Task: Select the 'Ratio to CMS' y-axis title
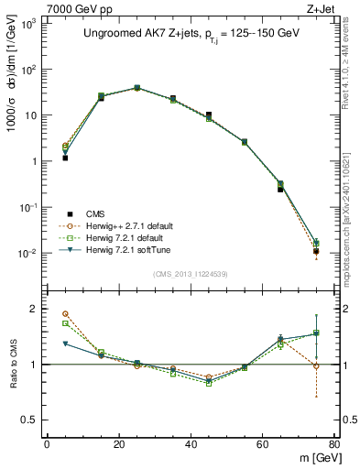tap(14, 365)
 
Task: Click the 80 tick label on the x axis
tap(334, 444)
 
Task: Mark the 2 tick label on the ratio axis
tap(36, 309)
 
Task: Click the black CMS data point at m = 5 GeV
tap(65, 158)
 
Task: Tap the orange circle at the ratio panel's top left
tap(65, 313)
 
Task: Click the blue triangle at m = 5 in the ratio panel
tap(65, 344)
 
